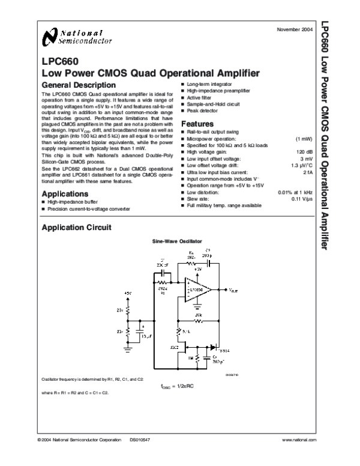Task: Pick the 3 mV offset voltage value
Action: [x=304, y=158]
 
